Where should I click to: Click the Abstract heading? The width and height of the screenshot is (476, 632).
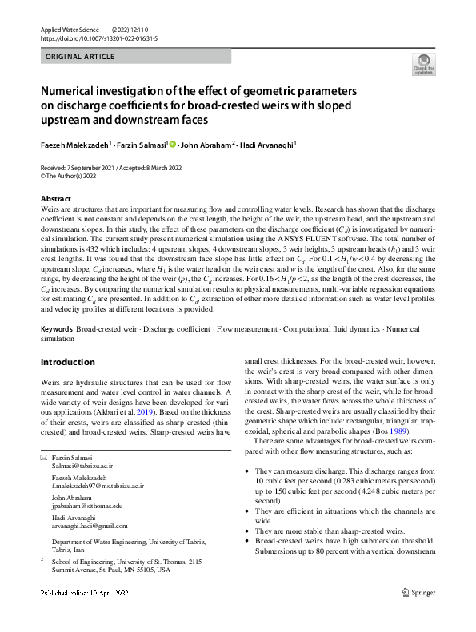[x=56, y=198]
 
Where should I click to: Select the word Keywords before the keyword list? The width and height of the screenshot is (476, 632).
[x=57, y=329]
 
